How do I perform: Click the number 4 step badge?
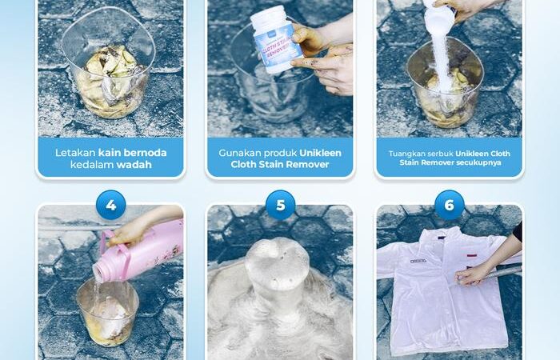coord(110,205)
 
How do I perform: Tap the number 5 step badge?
coord(280,205)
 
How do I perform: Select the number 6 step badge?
coord(450,205)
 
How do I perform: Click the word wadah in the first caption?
coord(134,165)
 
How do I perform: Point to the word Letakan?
coord(75,153)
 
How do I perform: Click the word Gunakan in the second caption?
coord(238,153)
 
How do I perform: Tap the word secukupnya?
coord(482,162)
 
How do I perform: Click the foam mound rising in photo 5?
coord(278,271)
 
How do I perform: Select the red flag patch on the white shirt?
coord(471,256)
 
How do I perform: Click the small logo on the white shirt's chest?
coord(418,262)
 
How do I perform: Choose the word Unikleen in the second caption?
coord(320,153)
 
